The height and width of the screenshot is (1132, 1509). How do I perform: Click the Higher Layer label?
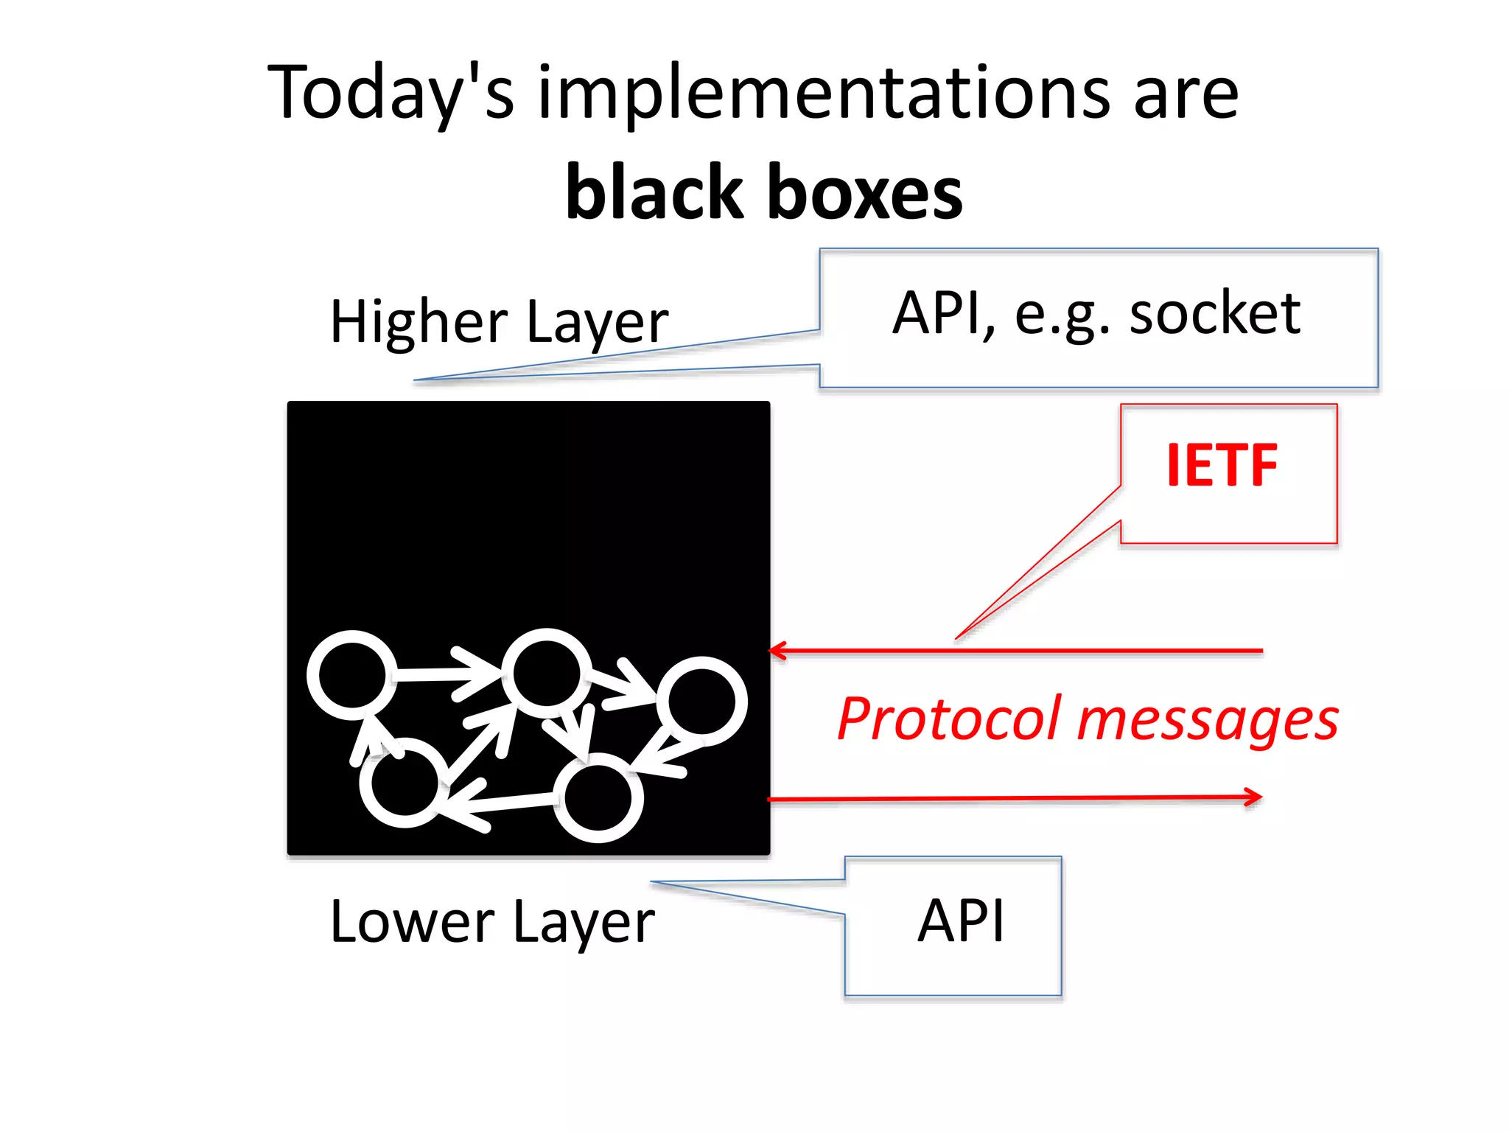(x=499, y=322)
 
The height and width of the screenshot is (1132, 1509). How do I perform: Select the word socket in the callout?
(x=1215, y=313)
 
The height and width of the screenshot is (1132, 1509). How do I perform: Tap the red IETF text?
(x=1222, y=466)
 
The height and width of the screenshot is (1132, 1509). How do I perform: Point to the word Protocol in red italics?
(x=950, y=719)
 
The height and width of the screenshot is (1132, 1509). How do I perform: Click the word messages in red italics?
(x=1208, y=721)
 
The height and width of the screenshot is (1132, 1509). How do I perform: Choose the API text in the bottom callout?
(x=961, y=921)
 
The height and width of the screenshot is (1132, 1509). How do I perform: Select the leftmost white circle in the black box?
(x=351, y=675)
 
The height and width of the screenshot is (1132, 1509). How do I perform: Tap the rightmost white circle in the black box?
(x=701, y=702)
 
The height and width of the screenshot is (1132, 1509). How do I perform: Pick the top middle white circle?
(x=546, y=673)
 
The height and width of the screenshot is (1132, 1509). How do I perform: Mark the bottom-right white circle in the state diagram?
(x=598, y=798)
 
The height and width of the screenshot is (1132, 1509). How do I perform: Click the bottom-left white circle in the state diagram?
(x=404, y=783)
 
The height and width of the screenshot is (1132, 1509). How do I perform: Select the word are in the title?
(x=1186, y=94)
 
